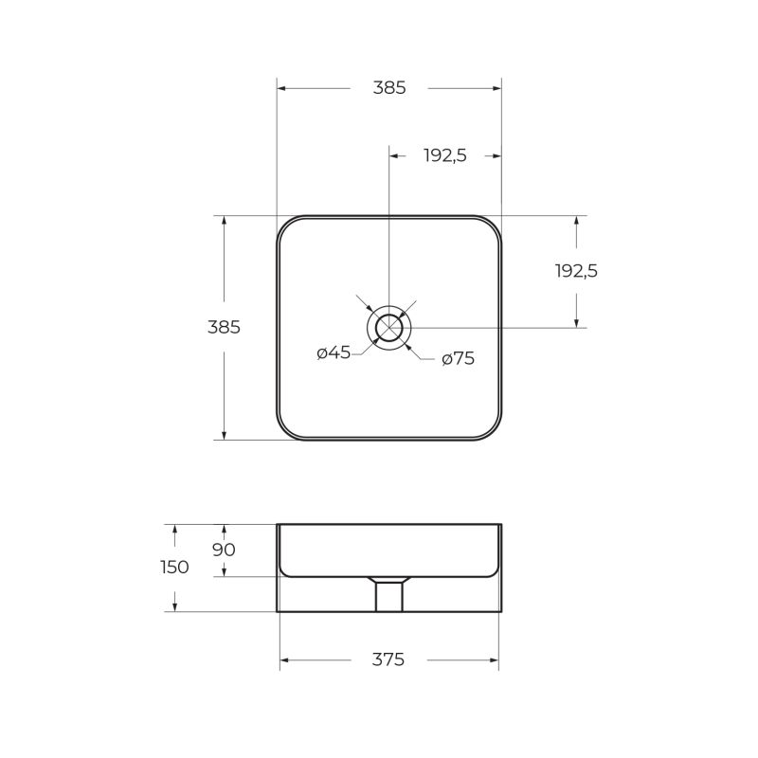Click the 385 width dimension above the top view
[388, 88]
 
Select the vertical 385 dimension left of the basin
[224, 327]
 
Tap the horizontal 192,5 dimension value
[444, 156]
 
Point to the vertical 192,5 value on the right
[576, 271]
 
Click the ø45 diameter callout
[334, 352]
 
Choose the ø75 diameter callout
[458, 358]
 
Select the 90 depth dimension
[224, 550]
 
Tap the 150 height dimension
[174, 568]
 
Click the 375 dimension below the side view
[388, 659]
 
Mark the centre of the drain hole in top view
[388, 328]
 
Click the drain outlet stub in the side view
[388, 596]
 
